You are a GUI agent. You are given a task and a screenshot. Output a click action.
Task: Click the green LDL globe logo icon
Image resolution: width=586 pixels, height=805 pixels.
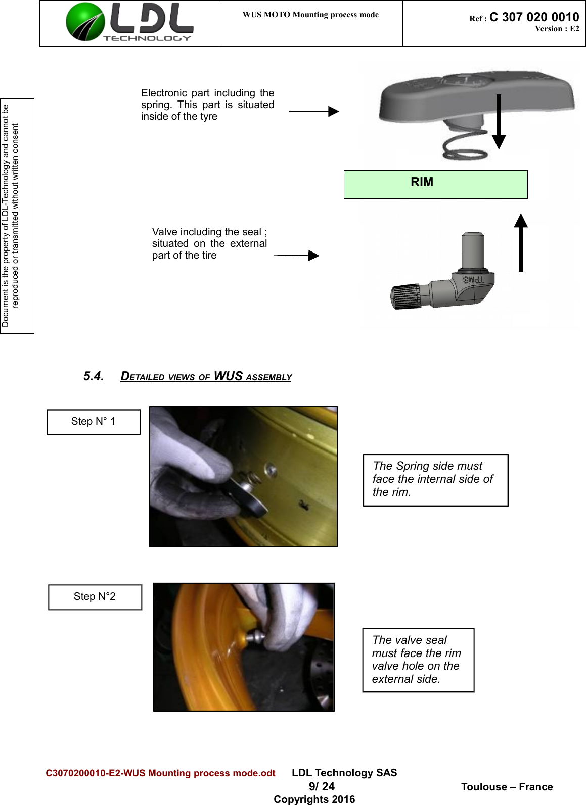(x=85, y=22)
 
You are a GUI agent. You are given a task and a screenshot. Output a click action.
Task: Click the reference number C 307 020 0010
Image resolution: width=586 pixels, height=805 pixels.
(x=534, y=17)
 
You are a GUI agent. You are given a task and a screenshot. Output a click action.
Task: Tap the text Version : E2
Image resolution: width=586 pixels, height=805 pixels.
(x=557, y=29)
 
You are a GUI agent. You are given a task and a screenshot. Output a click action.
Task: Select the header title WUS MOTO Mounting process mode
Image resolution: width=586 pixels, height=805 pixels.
(x=310, y=15)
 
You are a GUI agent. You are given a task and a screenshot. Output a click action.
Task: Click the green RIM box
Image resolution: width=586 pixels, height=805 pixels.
(x=435, y=184)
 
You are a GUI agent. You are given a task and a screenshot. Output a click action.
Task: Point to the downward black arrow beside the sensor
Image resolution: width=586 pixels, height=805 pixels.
(x=499, y=122)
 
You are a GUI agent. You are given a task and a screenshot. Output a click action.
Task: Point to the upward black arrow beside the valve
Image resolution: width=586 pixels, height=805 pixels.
(x=521, y=242)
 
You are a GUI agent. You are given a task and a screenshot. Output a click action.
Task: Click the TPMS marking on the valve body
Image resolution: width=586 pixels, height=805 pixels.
(x=473, y=279)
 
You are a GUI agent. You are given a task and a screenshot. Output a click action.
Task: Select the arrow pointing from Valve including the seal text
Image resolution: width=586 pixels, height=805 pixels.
(x=297, y=256)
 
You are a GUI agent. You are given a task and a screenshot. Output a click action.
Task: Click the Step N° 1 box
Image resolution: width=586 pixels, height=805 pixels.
(x=94, y=422)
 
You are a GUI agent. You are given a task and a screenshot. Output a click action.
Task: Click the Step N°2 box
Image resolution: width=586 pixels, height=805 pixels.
(x=95, y=597)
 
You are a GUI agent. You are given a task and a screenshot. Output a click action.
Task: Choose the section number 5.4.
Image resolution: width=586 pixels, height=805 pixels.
(x=94, y=376)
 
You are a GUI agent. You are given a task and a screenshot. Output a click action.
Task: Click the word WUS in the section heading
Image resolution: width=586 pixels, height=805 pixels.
(x=228, y=376)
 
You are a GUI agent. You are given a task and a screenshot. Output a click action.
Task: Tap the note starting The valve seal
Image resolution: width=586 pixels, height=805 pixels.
(x=418, y=660)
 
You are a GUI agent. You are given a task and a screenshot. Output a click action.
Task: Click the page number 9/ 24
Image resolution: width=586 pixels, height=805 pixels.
(x=322, y=786)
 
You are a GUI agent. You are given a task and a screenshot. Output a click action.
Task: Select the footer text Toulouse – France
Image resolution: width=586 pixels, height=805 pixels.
(x=507, y=787)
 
